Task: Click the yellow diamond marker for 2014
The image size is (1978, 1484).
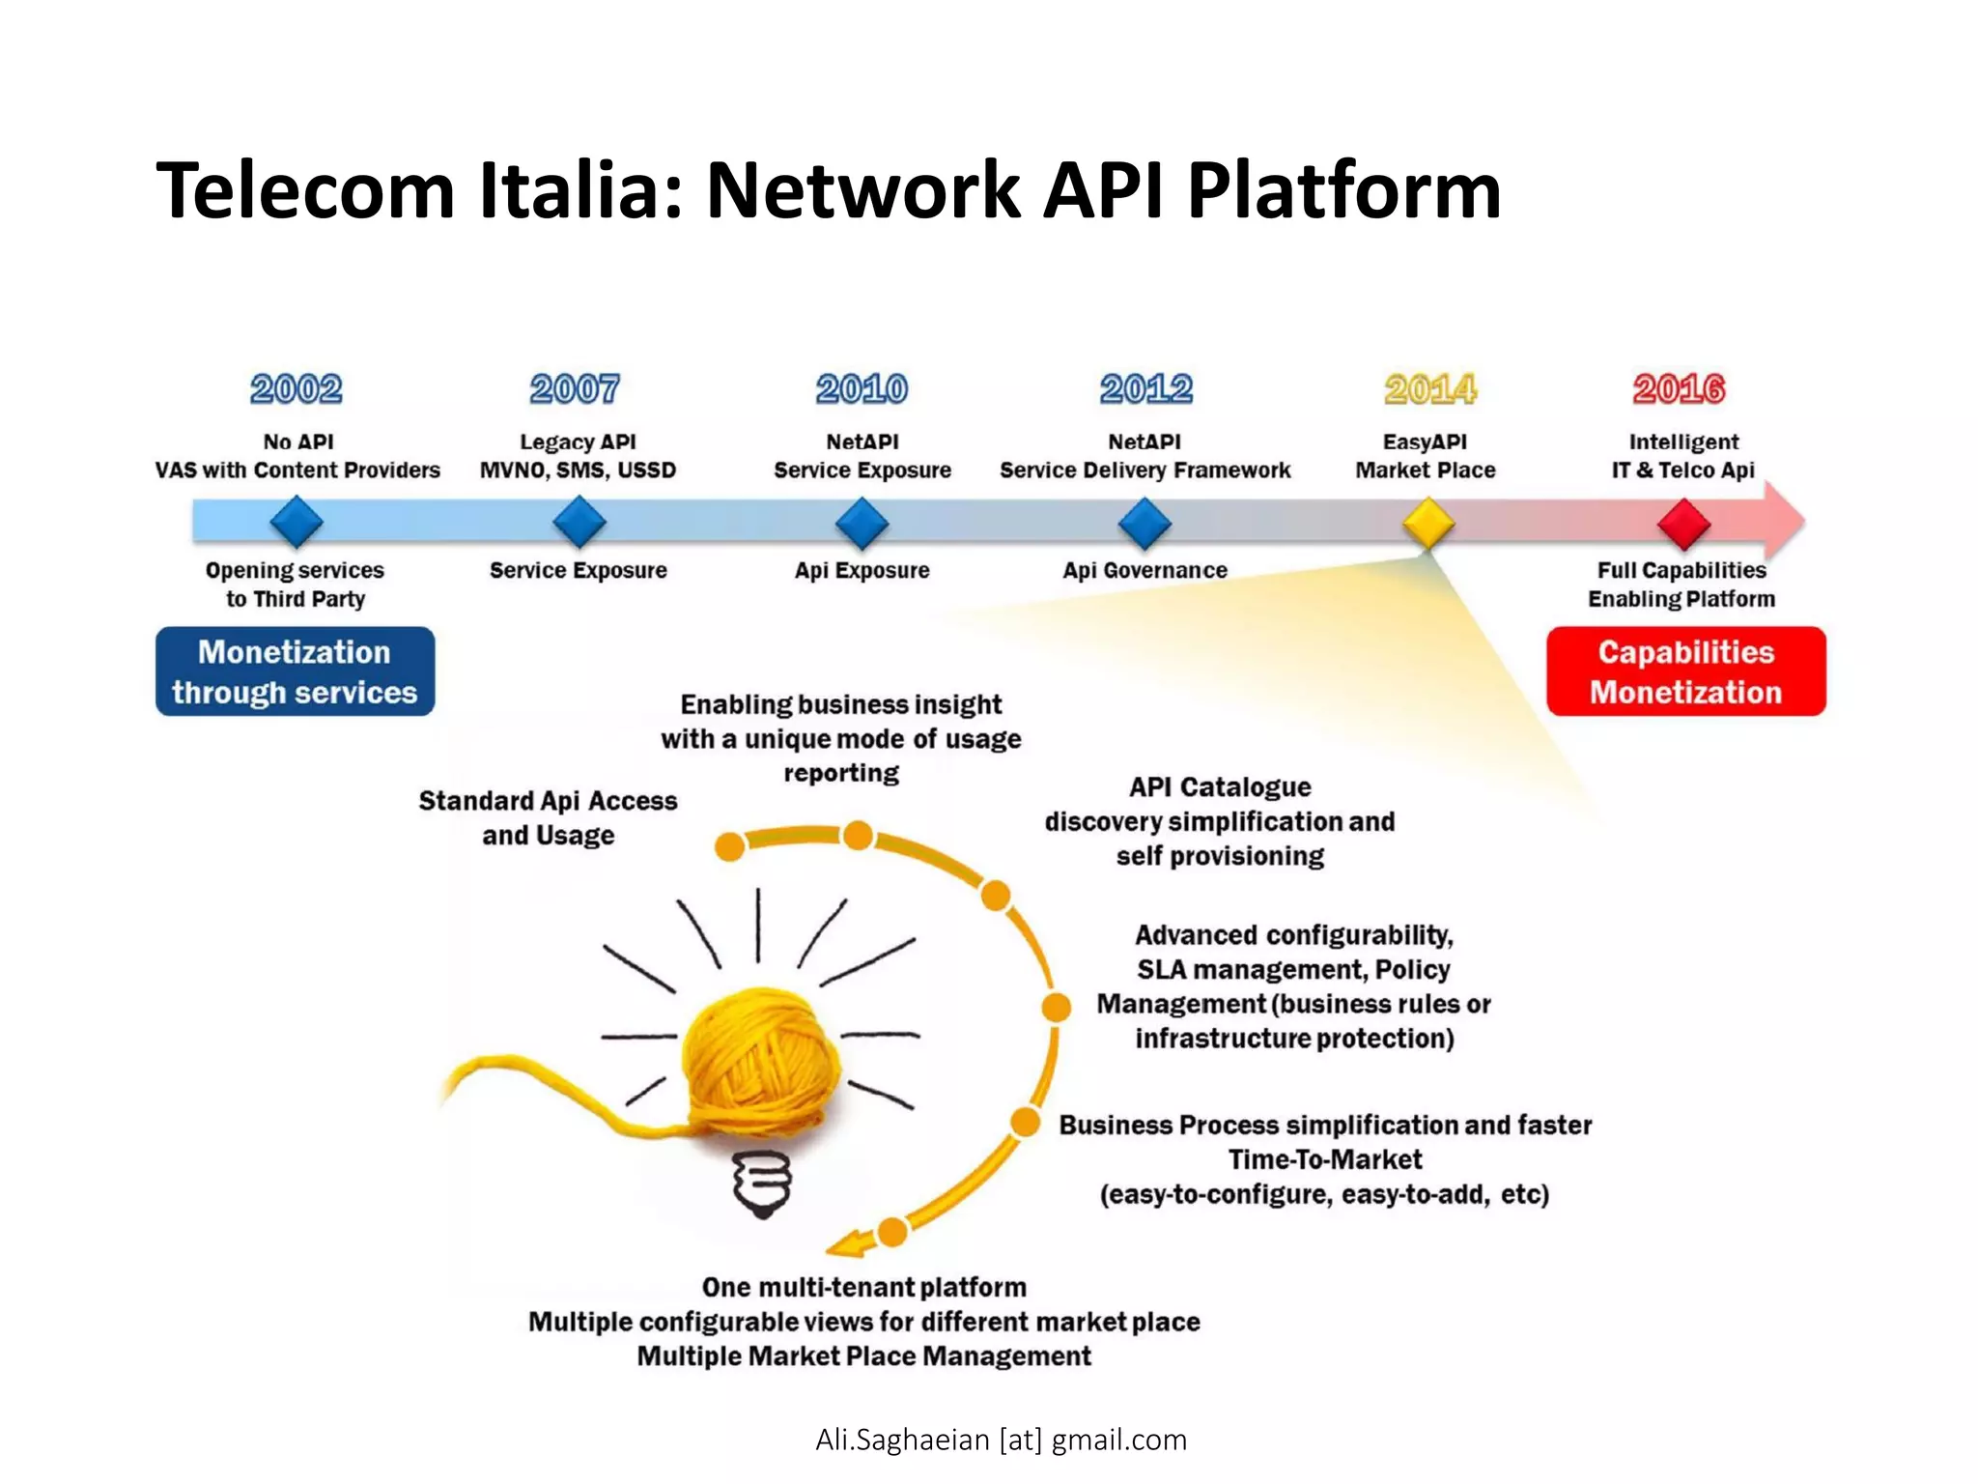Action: point(1428,524)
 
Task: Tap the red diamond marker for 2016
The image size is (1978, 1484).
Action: point(1683,524)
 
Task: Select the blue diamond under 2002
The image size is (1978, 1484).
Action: point(297,523)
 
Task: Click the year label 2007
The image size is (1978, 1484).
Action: point(575,389)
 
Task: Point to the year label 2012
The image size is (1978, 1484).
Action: point(1146,389)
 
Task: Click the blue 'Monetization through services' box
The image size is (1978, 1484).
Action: point(295,671)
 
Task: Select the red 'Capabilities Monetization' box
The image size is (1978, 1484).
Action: point(1685,671)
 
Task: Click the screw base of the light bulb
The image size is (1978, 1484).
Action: point(762,1183)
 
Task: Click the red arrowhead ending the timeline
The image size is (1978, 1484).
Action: point(1783,521)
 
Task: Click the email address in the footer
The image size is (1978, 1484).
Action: point(1001,1440)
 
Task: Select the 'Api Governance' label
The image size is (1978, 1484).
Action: point(1144,570)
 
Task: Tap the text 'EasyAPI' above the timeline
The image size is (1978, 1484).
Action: point(1425,442)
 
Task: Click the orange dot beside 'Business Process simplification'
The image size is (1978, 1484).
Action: point(1025,1123)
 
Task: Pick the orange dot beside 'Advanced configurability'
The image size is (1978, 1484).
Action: point(1057,1007)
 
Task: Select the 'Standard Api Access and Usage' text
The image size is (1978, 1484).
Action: point(548,817)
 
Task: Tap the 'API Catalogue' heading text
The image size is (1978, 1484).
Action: point(1220,787)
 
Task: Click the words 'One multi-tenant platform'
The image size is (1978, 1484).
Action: point(863,1287)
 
